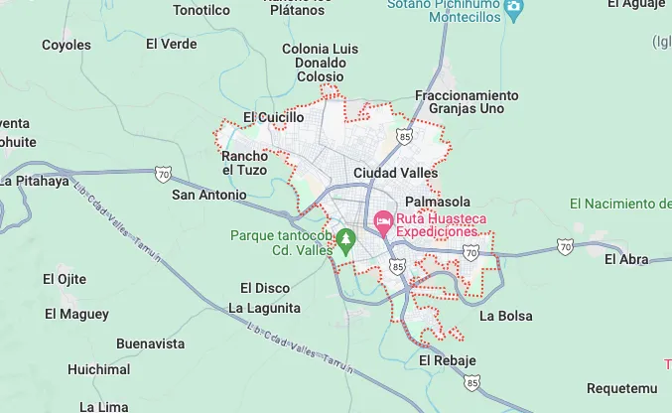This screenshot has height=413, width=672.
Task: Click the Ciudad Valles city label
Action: (395, 173)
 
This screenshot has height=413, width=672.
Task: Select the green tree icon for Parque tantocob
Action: (345, 238)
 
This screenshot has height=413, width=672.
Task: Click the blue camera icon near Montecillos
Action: (513, 10)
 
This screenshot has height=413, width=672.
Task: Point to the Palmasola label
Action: (438, 200)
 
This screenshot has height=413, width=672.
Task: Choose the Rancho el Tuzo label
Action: (244, 163)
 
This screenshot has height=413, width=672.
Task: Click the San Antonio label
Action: (208, 195)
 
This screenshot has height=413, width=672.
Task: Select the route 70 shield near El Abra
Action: (565, 245)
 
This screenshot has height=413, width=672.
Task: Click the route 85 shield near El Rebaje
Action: (472, 381)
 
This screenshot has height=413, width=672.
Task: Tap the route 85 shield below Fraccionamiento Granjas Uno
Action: (403, 135)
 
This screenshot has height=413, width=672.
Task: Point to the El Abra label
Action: (625, 259)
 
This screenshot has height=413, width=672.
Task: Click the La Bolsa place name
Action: (505, 316)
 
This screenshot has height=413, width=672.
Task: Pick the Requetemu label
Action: (621, 387)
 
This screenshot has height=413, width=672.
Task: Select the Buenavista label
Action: (151, 344)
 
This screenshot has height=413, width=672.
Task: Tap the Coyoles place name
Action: (66, 45)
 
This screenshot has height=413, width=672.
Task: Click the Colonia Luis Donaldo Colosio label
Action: (321, 62)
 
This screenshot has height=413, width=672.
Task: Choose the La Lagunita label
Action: (264, 308)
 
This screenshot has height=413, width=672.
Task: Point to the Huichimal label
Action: (98, 369)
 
